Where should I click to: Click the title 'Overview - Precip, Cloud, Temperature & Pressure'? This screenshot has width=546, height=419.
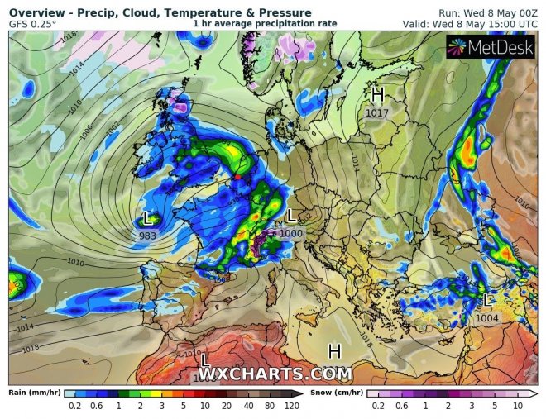click(160, 12)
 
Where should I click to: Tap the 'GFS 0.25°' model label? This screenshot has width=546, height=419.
click(33, 24)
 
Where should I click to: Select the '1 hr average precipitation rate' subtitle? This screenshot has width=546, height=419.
click(265, 23)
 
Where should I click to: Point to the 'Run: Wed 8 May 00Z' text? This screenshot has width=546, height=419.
click(488, 12)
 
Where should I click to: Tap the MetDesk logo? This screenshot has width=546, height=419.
click(493, 48)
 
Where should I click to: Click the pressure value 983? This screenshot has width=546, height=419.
click(148, 236)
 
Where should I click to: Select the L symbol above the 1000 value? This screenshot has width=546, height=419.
click(291, 217)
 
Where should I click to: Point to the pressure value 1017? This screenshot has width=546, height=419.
click(377, 112)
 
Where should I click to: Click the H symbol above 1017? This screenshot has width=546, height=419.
click(378, 94)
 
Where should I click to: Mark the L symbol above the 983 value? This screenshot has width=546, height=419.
click(148, 219)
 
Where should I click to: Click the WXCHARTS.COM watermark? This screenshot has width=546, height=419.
click(275, 374)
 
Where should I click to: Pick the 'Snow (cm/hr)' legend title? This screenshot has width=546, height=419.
click(337, 393)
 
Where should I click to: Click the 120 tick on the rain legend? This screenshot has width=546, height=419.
click(291, 407)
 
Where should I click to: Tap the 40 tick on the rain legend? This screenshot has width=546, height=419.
click(248, 407)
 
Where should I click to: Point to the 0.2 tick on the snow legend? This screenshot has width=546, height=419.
click(378, 407)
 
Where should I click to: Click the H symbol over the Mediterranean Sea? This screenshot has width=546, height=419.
click(334, 352)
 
